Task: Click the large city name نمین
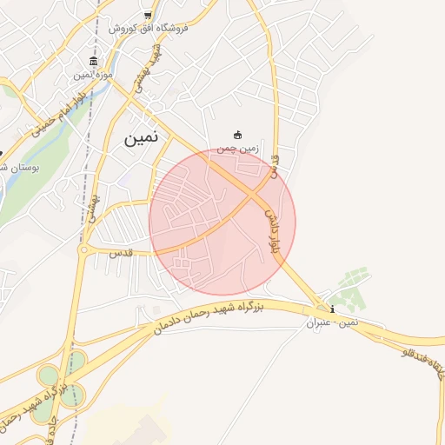[x=143, y=137]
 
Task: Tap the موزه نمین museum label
[x=93, y=76]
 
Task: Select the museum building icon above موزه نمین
[x=93, y=62]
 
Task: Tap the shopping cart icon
[x=148, y=15]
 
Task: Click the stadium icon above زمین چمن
[x=237, y=135]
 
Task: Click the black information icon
[x=331, y=309]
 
